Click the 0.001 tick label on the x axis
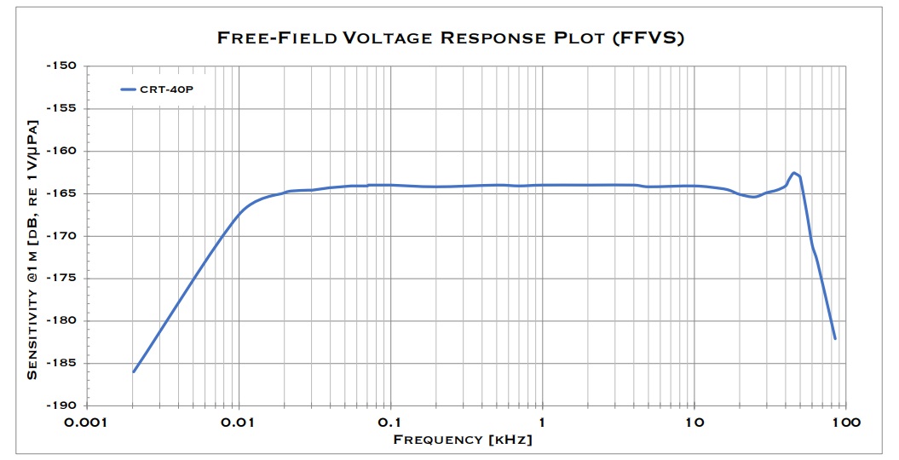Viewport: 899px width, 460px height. click(87, 423)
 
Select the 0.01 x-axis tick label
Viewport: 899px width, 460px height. click(239, 423)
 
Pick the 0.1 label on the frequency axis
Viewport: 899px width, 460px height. click(390, 423)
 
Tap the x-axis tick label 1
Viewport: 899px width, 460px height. click(542, 423)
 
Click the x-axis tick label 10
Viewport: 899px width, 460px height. click(694, 423)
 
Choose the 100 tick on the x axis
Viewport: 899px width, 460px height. click(845, 423)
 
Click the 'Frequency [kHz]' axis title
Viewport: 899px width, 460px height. click(463, 440)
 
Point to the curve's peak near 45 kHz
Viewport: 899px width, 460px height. click(794, 173)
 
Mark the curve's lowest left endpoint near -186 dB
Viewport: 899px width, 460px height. click(134, 371)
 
